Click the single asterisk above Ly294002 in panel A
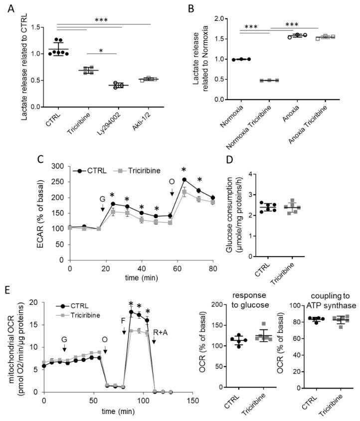[102, 50]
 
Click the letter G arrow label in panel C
[102, 198]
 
